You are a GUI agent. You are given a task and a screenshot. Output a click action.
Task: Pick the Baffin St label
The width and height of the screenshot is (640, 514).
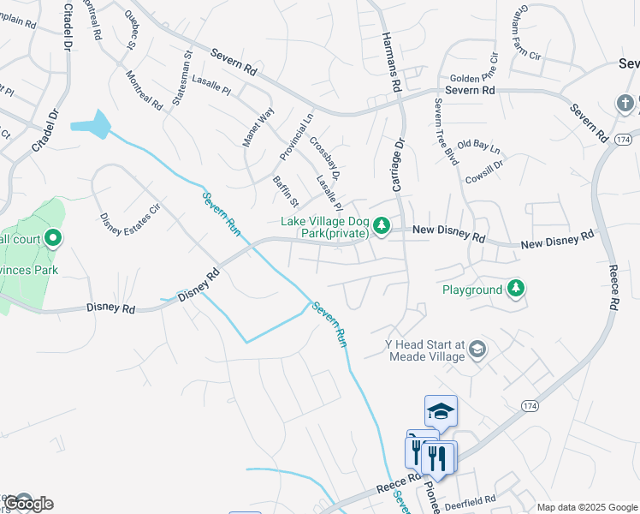click(x=285, y=192)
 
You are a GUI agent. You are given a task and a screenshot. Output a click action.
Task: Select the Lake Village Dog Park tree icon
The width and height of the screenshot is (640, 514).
click(x=382, y=226)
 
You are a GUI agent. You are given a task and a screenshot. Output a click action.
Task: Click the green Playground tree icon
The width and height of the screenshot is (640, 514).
click(x=515, y=289)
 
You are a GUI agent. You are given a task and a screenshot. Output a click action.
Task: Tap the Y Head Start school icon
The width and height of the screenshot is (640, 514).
click(x=477, y=350)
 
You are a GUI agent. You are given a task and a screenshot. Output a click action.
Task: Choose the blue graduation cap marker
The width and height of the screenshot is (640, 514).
click(x=441, y=412)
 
